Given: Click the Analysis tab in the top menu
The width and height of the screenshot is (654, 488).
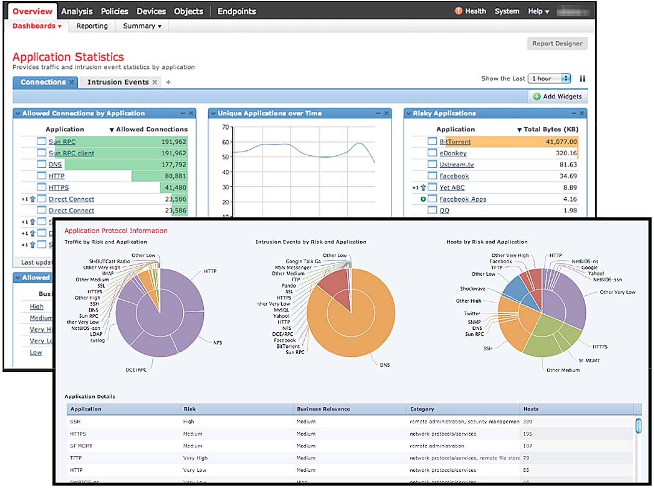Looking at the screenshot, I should [77, 11].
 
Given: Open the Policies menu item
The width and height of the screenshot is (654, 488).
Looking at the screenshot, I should [115, 11].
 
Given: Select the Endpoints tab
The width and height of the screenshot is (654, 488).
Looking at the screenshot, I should [237, 11].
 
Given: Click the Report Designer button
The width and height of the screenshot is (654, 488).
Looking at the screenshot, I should [557, 43].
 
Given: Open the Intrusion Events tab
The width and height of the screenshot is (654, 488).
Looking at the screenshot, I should [118, 82].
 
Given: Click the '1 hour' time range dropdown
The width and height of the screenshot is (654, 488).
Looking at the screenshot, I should [549, 79].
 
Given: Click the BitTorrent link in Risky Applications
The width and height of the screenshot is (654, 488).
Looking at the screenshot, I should [455, 142].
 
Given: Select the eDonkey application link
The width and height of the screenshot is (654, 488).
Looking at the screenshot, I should [452, 153].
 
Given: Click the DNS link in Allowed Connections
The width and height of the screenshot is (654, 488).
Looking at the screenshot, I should [56, 165].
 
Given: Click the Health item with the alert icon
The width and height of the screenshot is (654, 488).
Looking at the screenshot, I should [475, 11].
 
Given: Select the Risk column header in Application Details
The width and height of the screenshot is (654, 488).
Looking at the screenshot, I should [190, 409].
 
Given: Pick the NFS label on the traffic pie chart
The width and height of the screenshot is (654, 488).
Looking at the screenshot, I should [218, 342].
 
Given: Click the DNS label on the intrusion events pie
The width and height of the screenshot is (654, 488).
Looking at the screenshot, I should [385, 365].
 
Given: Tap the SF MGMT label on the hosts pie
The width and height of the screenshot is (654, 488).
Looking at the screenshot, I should [589, 360].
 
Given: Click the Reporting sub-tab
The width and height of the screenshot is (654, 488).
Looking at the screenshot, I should [92, 26].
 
